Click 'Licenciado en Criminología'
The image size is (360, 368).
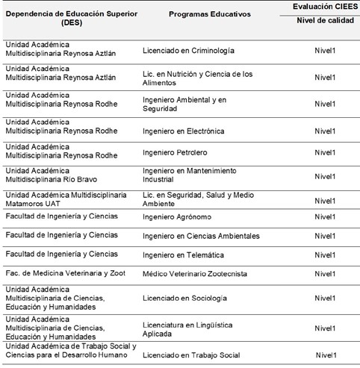pyautogui.click(x=188, y=51)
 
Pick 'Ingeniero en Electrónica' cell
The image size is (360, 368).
pyautogui.click(x=183, y=131)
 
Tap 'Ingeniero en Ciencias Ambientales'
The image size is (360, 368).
pyautogui.click(x=201, y=236)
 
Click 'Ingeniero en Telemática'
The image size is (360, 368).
pyautogui.click(x=181, y=255)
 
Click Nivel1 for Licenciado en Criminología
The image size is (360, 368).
pyautogui.click(x=324, y=52)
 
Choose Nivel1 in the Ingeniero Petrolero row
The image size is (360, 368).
pyautogui.click(x=324, y=154)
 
